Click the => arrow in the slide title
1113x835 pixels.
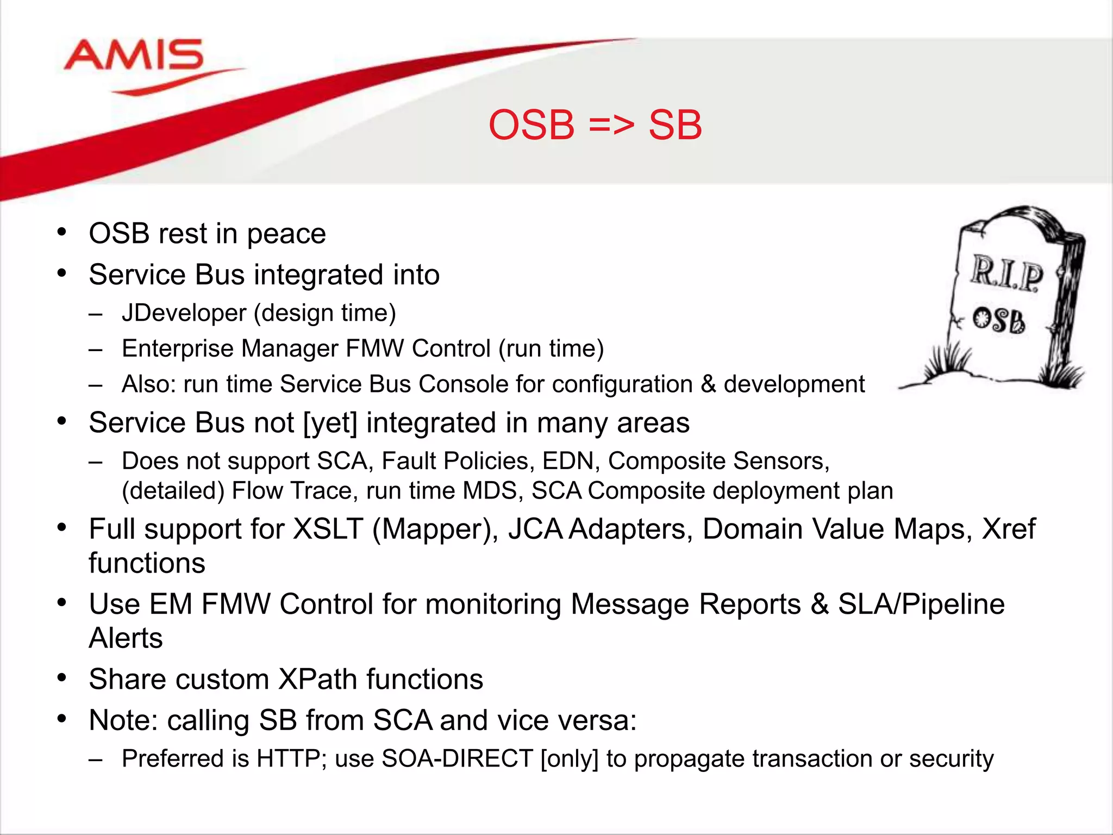tap(611, 126)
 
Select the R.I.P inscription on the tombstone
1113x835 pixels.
tap(1006, 273)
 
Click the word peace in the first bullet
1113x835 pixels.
tap(286, 234)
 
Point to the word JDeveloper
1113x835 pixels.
tap(184, 313)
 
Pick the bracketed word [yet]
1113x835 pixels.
tap(330, 423)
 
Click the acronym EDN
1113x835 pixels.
tap(571, 461)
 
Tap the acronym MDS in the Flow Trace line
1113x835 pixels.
tap(489, 491)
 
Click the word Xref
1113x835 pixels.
tap(1009, 529)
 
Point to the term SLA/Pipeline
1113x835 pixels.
tap(921, 604)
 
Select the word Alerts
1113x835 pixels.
tap(126, 638)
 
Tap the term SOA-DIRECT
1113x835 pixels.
tap(457, 759)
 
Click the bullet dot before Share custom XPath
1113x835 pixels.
tap(62, 678)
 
